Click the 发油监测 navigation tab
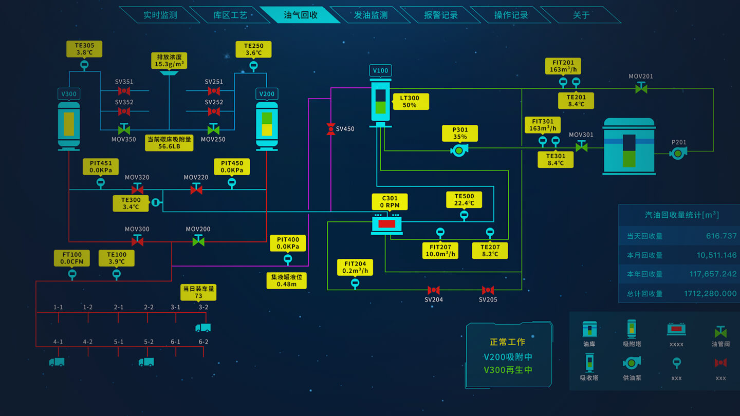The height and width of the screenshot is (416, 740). (371, 15)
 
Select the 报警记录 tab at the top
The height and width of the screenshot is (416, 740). (440, 15)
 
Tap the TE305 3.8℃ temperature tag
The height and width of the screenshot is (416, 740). (84, 49)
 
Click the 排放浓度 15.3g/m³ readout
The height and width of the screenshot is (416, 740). (169, 61)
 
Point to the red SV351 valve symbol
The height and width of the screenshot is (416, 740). (124, 91)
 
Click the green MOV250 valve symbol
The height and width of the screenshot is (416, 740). (213, 129)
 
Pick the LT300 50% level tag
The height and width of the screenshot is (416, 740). (410, 102)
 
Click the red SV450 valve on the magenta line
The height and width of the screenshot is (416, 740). (331, 129)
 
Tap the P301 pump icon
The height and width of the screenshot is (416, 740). (459, 150)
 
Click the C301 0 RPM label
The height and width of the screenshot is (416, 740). (390, 202)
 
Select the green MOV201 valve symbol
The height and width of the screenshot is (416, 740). (641, 88)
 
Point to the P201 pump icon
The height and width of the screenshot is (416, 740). (678, 153)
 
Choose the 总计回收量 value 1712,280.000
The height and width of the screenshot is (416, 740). (710, 293)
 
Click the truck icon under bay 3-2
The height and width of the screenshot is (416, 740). (203, 328)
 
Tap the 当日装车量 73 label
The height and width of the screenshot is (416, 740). (198, 292)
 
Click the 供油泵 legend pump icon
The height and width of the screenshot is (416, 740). (632, 363)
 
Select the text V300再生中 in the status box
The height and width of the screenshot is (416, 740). (508, 370)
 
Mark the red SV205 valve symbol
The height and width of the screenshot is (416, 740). (488, 290)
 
